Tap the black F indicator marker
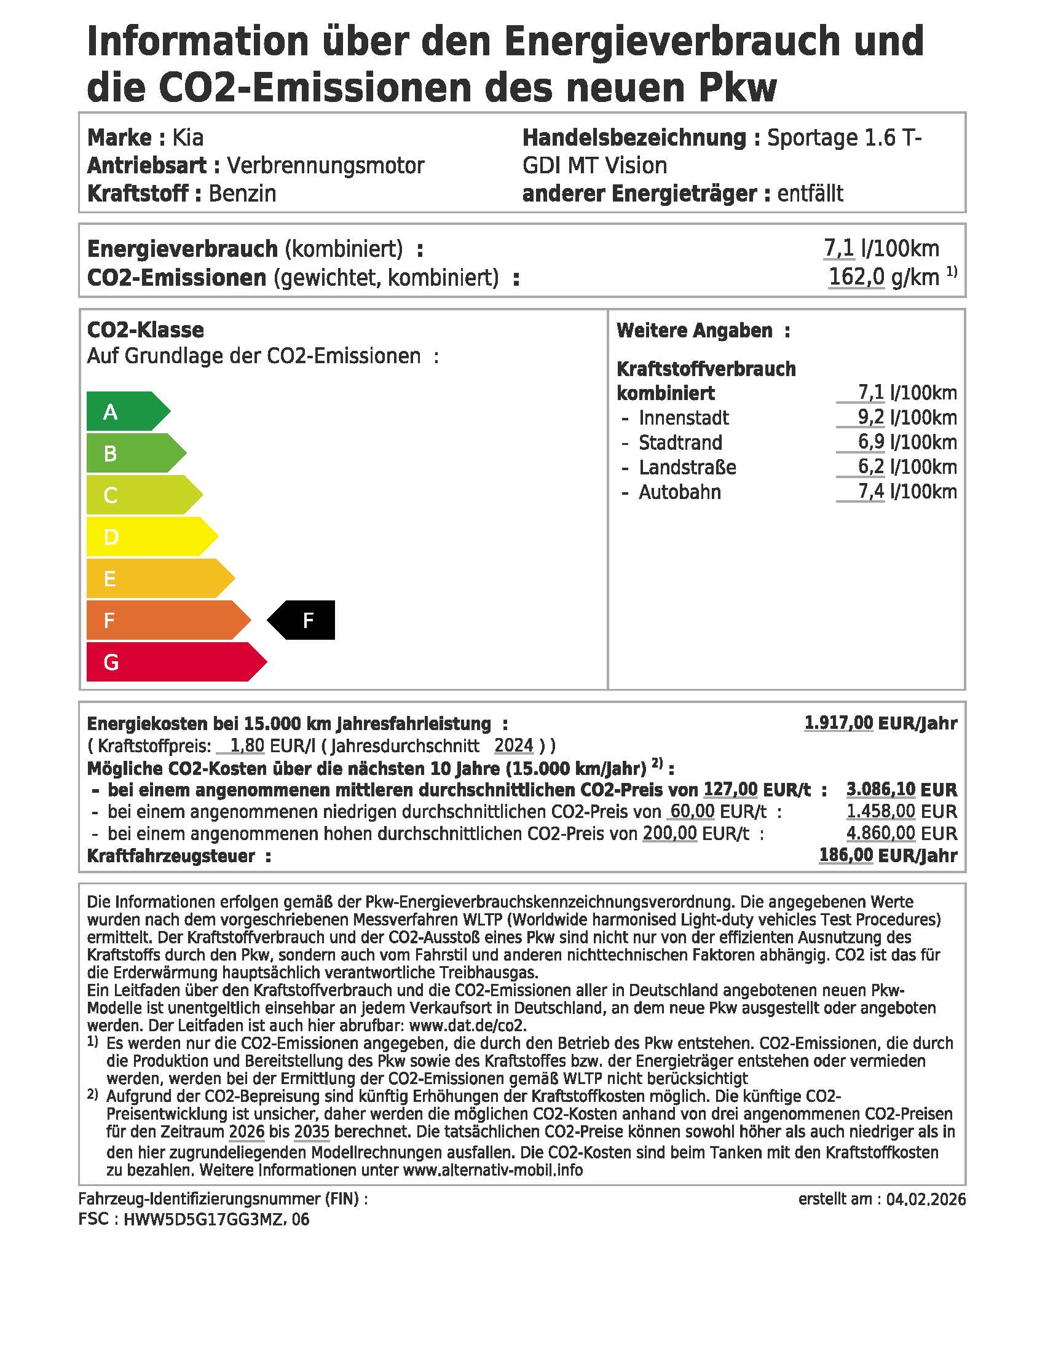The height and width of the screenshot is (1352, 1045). pos(303,619)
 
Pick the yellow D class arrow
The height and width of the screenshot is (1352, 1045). pos(149,536)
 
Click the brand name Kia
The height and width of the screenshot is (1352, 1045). pos(187,138)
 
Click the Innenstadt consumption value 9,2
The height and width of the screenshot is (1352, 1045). pos(870,418)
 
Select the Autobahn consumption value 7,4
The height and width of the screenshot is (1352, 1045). pos(870,492)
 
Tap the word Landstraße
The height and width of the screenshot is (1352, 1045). pos(687,468)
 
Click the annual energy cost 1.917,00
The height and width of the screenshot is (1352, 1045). pos(838,723)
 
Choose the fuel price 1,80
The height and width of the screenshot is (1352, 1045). pos(247,745)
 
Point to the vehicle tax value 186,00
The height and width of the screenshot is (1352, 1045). pos(846,855)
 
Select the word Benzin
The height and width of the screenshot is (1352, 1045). pos(242,194)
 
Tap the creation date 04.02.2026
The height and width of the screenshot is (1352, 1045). pos(926,1200)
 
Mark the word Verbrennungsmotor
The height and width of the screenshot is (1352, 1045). pos(325,166)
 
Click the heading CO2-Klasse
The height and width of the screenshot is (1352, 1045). pos(146,330)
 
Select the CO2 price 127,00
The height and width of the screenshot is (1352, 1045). pos(730,790)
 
